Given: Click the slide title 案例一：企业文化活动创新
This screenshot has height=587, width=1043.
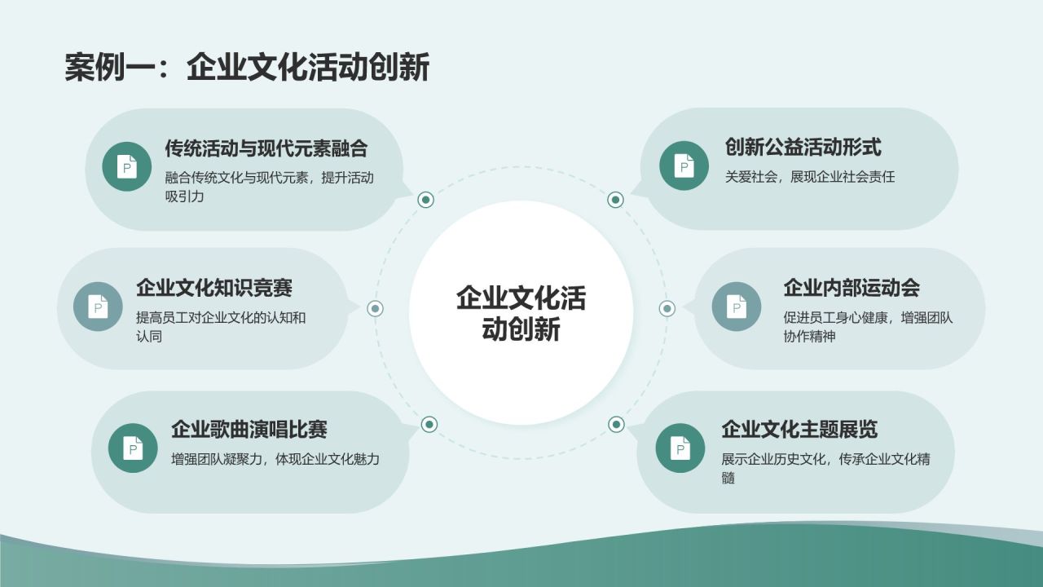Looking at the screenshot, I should coord(247,68).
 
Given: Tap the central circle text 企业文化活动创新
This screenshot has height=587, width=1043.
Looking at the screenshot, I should coord(521,313).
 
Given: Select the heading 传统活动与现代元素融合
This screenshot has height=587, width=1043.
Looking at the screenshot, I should coord(266,148).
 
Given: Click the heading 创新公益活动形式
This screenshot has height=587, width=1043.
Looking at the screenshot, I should coord(803,147).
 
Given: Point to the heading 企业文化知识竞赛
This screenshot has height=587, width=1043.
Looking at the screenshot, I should coord(214,288).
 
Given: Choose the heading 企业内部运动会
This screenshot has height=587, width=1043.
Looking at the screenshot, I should coord(852,288).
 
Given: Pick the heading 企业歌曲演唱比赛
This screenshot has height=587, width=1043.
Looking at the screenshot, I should coord(249,429).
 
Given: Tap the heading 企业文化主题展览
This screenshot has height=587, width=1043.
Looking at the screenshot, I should coord(799,429).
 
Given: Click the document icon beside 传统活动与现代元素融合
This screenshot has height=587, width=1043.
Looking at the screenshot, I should coord(127,166).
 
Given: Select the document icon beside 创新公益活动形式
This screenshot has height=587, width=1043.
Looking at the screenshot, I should coord(684,166).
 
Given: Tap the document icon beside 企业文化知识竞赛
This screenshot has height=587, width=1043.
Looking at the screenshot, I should coord(98,307).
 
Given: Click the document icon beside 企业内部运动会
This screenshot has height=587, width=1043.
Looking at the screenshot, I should coord(736,307).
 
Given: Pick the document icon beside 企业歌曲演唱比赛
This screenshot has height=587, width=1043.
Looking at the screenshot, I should coord(133,448).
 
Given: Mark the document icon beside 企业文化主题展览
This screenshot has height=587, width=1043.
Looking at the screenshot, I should coord(680,448).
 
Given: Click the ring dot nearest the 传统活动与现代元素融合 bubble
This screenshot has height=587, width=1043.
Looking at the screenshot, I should coord(425,200).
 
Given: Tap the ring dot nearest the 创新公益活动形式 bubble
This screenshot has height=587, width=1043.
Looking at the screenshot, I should coord(616,200).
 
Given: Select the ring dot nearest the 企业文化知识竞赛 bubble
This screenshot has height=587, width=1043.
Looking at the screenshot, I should coord(376,308).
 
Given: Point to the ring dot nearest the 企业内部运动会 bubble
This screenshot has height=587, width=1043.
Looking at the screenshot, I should coord(667,308).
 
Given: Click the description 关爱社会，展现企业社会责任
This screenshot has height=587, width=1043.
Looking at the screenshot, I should coord(810,177).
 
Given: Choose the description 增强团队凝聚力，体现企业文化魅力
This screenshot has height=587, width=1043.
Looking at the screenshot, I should coord(275,459).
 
